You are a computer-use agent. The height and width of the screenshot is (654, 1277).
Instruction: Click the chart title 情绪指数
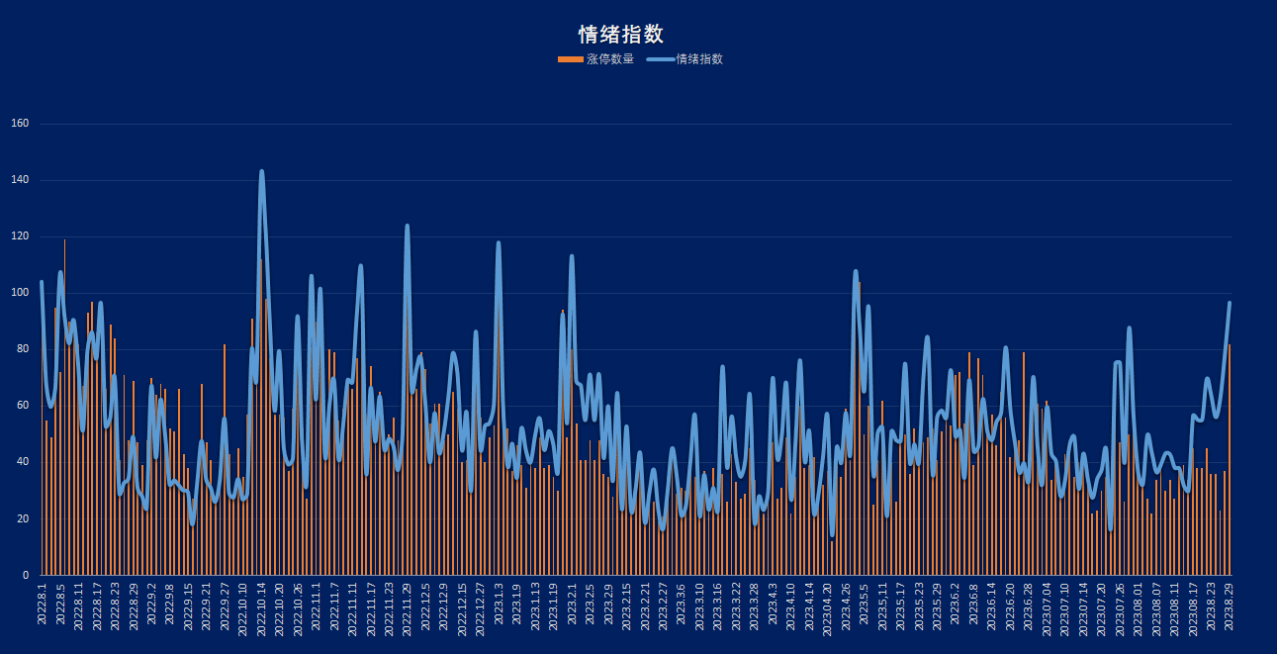click(620, 35)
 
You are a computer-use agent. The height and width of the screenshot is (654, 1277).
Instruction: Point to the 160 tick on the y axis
click(21, 124)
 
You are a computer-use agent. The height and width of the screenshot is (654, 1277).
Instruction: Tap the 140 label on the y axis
click(21, 180)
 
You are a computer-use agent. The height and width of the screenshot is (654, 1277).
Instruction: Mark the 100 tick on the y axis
click(21, 293)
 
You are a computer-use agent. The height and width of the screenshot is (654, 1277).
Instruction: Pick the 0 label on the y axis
click(27, 575)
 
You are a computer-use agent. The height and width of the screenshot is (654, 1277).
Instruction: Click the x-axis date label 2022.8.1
click(43, 605)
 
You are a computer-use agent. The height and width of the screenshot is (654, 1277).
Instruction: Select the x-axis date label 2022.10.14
click(262, 608)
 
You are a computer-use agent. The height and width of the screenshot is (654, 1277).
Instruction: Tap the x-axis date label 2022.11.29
click(408, 608)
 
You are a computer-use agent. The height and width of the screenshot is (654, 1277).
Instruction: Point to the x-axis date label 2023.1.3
click(499, 605)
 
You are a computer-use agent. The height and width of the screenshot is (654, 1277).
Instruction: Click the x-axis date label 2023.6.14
click(991, 607)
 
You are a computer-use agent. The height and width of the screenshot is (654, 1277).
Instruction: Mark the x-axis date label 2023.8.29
click(1229, 607)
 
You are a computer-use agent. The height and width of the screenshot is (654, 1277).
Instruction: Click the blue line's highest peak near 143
click(261, 171)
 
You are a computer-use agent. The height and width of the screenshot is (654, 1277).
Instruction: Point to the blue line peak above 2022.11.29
click(407, 227)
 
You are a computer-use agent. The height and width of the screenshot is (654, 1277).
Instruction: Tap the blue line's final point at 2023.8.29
click(1230, 303)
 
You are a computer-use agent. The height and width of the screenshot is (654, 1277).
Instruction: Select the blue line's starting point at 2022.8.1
click(42, 282)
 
